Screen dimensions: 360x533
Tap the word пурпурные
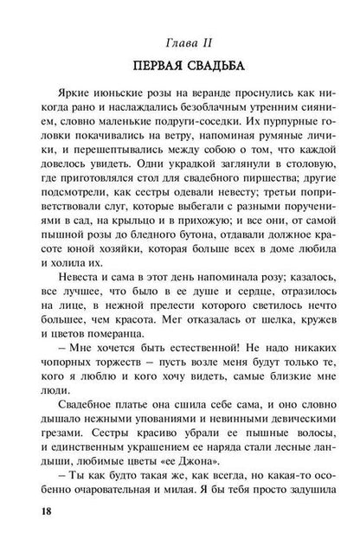tap(294, 131)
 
